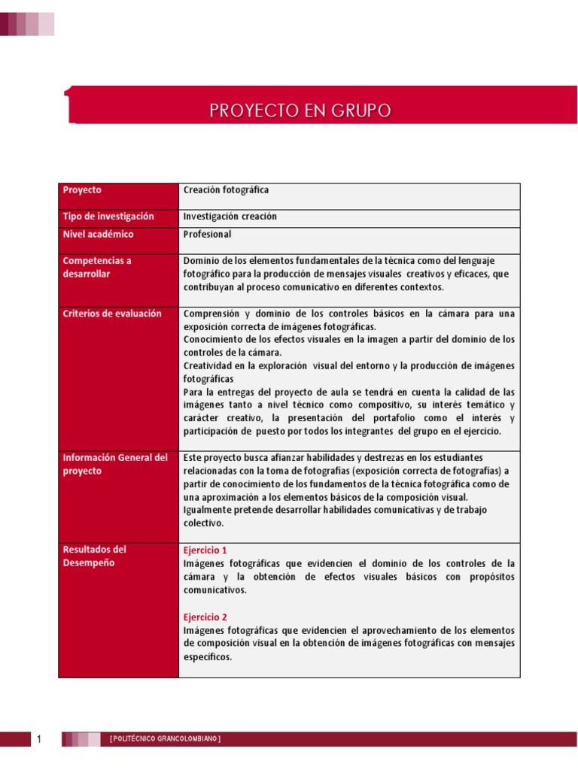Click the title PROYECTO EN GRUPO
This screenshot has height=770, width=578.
(x=300, y=111)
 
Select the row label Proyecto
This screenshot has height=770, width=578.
(x=82, y=190)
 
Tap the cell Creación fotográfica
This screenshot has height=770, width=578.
(x=226, y=190)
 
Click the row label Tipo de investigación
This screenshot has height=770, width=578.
(x=108, y=217)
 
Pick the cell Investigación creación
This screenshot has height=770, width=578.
(x=230, y=217)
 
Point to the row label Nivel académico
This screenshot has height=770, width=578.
(x=98, y=235)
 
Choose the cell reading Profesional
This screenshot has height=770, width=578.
(x=208, y=235)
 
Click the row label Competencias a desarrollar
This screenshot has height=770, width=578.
(x=97, y=267)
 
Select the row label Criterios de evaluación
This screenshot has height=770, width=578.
(x=112, y=314)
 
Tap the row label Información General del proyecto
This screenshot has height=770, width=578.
(x=115, y=464)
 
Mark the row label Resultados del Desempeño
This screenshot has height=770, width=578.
(x=94, y=556)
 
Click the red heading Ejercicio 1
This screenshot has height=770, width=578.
(x=205, y=550)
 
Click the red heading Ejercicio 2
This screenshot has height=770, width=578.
(x=205, y=617)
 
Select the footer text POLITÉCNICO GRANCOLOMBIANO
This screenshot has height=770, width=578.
(x=165, y=740)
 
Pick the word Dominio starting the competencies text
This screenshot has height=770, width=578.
(x=200, y=261)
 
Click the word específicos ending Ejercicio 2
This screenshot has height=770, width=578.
(x=208, y=657)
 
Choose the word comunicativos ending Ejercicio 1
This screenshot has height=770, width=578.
(x=214, y=590)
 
